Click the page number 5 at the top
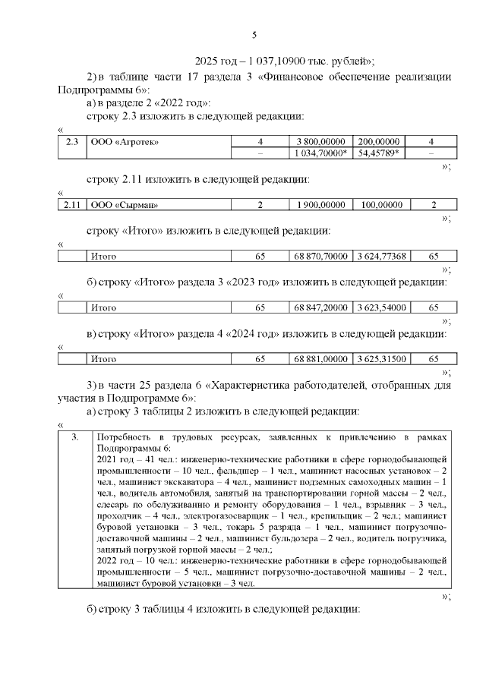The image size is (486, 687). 254,34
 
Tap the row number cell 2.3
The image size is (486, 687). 73,141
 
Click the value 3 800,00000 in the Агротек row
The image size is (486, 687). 321,141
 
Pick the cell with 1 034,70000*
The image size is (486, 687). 321,153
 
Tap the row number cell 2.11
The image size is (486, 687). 73,204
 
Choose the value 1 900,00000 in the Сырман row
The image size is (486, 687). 321,204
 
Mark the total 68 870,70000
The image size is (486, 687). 321,256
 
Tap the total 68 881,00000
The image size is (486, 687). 321,359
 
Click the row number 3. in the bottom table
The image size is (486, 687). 74,438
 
